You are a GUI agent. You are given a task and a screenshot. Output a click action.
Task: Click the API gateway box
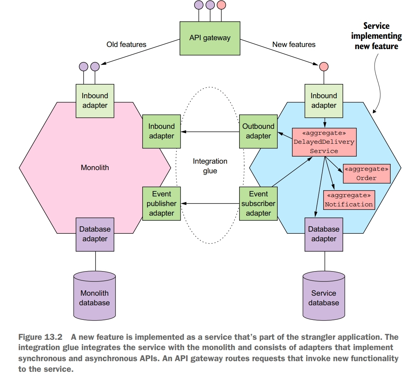pyautogui.click(x=210, y=38)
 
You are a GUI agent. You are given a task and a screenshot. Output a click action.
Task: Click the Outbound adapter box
pyautogui.click(x=258, y=131)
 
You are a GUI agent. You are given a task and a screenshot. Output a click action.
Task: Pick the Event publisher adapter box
pyautogui.click(x=161, y=204)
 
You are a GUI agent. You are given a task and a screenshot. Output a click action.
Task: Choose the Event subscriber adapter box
pyautogui.click(x=258, y=204)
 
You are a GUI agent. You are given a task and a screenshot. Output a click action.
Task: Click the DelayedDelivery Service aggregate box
pyautogui.click(x=324, y=142)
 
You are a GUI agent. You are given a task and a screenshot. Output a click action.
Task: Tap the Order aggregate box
pyautogui.click(x=366, y=173)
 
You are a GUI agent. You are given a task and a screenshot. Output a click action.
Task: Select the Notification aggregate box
pyautogui.click(x=349, y=200)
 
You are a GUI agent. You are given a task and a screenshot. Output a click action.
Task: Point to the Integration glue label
pyautogui.click(x=210, y=166)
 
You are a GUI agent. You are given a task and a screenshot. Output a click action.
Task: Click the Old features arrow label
pyautogui.click(x=126, y=44)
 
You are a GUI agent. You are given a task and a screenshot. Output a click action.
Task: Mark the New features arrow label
pyautogui.click(x=294, y=44)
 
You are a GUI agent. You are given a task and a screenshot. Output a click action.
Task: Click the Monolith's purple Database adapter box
pyautogui.click(x=95, y=234)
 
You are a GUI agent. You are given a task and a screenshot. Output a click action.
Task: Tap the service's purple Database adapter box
pyautogui.click(x=324, y=234)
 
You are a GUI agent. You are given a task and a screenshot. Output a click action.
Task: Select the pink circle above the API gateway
pyautogui.click(x=221, y=5)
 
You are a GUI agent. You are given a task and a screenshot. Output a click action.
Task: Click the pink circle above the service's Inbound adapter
pyautogui.click(x=324, y=67)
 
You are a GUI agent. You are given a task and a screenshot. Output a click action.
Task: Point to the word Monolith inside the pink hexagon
pyautogui.click(x=95, y=168)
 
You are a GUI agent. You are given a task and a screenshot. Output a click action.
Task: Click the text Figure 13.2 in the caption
pyautogui.click(x=40, y=337)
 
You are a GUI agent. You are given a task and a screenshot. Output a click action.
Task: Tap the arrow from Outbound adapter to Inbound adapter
pyautogui.click(x=210, y=132)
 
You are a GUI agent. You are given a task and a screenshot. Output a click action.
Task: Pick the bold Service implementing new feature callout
pyautogui.click(x=376, y=36)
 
